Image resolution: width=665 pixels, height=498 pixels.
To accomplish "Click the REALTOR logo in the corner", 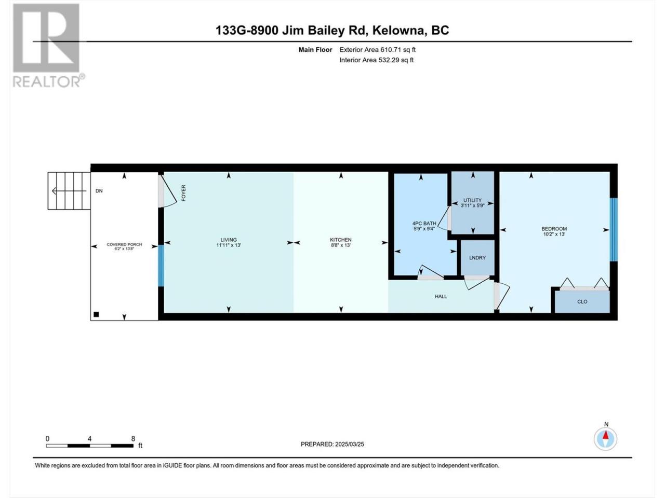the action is (48, 45).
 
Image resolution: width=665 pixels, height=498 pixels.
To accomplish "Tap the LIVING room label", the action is (229, 240).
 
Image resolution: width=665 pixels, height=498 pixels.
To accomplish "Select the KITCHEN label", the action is (341, 240).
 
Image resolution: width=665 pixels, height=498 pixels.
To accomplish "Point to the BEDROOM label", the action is (554, 229).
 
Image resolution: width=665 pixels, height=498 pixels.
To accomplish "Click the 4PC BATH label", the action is (424, 224).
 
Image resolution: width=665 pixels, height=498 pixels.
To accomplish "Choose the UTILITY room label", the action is (472, 200).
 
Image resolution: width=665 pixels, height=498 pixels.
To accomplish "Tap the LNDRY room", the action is (477, 258).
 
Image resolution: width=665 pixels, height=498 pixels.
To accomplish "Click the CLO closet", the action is (582, 302).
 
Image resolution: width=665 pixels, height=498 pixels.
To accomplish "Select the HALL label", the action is (441, 297).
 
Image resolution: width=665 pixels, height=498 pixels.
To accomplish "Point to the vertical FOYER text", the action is (183, 193).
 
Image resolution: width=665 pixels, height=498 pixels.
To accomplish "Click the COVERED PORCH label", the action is (124, 244).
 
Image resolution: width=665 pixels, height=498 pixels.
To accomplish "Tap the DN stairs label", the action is (99, 191).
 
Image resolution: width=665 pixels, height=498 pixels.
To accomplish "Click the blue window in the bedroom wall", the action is (614, 229).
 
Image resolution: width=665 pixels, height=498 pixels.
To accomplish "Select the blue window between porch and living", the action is (161, 266).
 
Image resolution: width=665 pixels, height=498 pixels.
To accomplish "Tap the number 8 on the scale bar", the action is (133, 438).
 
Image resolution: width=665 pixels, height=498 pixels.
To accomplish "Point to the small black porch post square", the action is (96, 314).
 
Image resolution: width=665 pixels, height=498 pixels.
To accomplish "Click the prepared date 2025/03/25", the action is (349, 444).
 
